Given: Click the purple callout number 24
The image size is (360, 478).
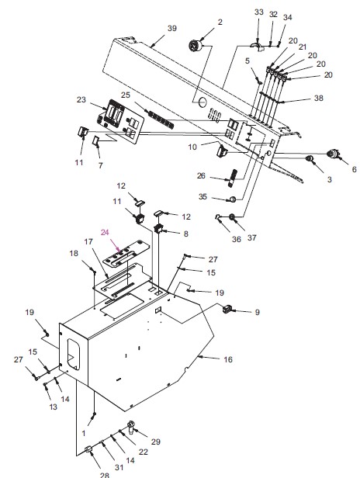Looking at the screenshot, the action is point(105,233).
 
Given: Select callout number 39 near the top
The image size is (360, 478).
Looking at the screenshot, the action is point(172,29).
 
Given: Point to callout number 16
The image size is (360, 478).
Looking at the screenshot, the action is point(227,360).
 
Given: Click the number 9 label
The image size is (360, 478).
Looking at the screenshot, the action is point(257,313).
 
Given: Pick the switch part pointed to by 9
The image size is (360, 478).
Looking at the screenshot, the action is point(227,309).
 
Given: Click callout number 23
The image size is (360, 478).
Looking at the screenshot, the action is point(81,99).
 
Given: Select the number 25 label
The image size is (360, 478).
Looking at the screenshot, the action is point(126,95).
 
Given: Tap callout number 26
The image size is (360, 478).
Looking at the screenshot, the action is point(201,176).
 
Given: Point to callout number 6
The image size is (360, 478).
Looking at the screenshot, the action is point(354,169).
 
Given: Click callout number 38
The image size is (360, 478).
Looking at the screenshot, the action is point(319,98).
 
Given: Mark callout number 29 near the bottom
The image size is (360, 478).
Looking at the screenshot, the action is point(156,442).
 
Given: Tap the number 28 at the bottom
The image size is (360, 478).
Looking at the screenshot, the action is point(104,475).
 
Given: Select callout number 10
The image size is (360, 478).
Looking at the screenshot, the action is point(192,147).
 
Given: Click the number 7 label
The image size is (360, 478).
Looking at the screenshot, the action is point(101,165).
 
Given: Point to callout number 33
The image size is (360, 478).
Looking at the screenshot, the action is point(259,12).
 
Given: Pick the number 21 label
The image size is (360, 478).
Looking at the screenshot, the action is point(302,47).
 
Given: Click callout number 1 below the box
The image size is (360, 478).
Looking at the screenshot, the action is point(84,433).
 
